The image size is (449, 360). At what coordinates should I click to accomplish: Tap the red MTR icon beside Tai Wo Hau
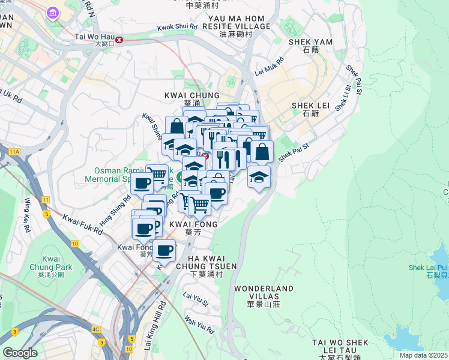(x=120, y=40)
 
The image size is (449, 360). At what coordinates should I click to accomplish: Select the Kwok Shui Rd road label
(x=177, y=27)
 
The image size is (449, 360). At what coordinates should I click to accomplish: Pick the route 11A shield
(x=14, y=152)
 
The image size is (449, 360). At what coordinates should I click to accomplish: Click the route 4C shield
(x=95, y=329)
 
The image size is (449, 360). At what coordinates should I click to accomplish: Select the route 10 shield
(x=74, y=243)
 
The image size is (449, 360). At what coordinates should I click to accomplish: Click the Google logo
(x=20, y=353)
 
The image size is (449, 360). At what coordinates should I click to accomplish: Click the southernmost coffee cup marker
(x=164, y=250)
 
